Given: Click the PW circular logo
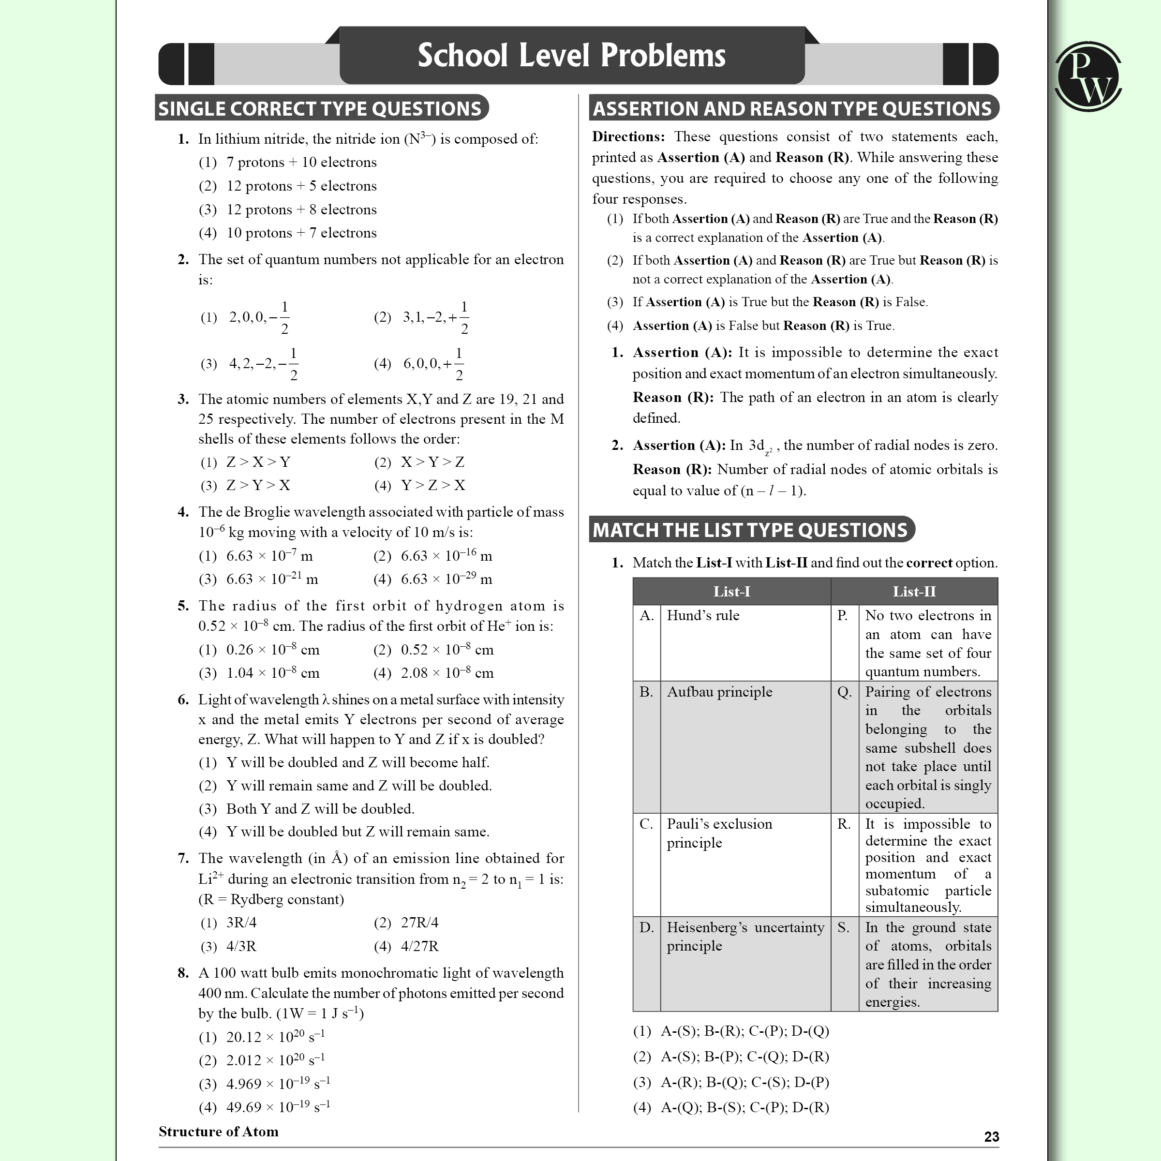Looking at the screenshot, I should point(1087,76).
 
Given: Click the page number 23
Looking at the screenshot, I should point(992,1136).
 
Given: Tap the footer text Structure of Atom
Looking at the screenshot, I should point(218,1131).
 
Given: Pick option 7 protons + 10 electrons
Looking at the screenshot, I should point(301,162).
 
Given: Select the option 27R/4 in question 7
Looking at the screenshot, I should point(419,923).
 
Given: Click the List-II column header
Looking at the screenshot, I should point(913,591).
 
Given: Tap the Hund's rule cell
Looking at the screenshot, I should point(703,615).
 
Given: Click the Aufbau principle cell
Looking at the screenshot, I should point(719,692).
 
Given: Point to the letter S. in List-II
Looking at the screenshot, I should point(844,927).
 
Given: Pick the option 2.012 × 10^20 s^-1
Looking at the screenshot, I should point(275,1060).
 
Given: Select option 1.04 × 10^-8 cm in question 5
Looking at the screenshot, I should point(273,673).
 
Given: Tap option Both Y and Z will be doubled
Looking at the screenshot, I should point(320,809).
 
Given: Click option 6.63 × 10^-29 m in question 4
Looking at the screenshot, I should point(446,580).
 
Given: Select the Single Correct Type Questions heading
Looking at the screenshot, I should point(320,108).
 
